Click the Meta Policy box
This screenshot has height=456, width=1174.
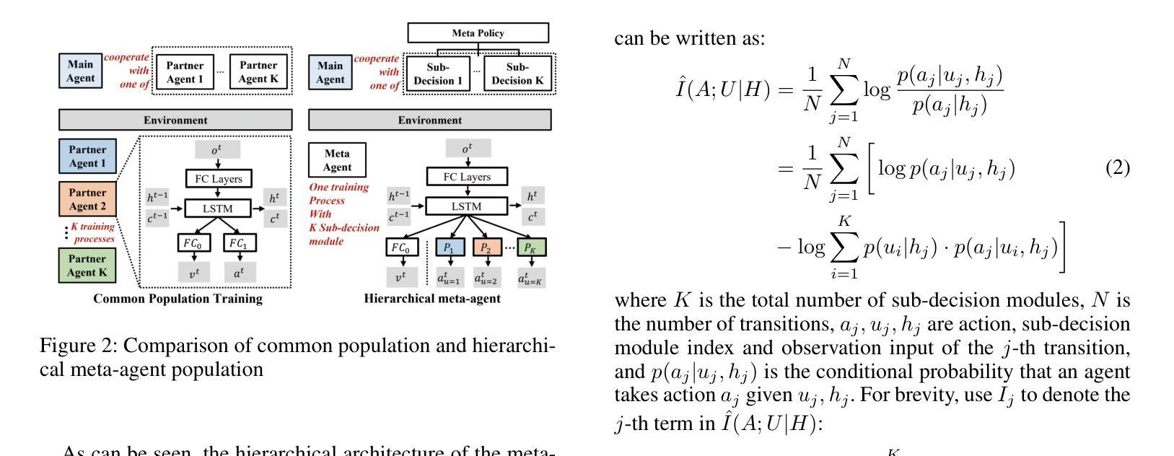click(478, 33)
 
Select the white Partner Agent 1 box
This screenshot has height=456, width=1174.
click(185, 73)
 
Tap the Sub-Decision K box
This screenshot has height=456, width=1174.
click(517, 74)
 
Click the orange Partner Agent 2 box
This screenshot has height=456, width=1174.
click(88, 199)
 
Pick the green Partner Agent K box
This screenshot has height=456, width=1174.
click(88, 265)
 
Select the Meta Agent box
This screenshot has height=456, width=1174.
click(337, 160)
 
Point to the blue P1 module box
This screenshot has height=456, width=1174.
click(449, 248)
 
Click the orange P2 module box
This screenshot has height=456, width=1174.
click(487, 248)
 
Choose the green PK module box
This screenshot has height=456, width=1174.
click(531, 248)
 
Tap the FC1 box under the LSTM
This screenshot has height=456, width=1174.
click(238, 244)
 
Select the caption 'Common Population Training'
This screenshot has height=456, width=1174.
click(178, 299)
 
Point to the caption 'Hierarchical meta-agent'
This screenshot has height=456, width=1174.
click(432, 299)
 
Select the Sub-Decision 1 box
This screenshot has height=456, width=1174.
click(438, 74)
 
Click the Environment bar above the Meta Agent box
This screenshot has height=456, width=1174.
click(429, 120)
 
